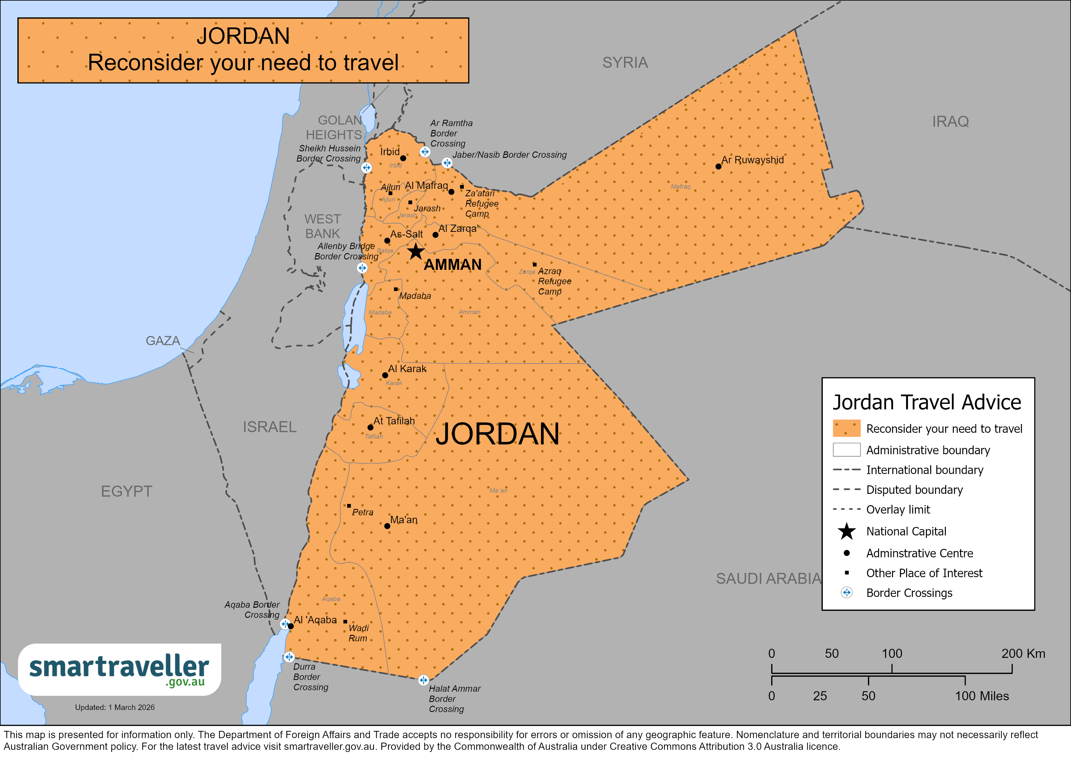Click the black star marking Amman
tap(416, 252)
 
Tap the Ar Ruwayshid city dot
tap(718, 167)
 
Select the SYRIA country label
tap(625, 63)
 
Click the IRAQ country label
tap(950, 122)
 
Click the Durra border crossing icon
tap(289, 657)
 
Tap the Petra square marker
tap(349, 505)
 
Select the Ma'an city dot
tap(387, 526)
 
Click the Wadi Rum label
tap(358, 633)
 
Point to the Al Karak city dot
tap(385, 375)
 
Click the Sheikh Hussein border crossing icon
tap(367, 168)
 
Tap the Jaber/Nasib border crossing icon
tap(447, 163)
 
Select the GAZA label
tap(163, 341)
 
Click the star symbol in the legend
tap(847, 531)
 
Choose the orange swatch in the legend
tap(846, 428)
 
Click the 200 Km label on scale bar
tap(1023, 654)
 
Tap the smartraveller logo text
tap(119, 668)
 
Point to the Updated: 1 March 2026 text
tap(115, 707)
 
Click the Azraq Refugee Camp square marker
tap(535, 264)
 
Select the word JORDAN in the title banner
tap(243, 36)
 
